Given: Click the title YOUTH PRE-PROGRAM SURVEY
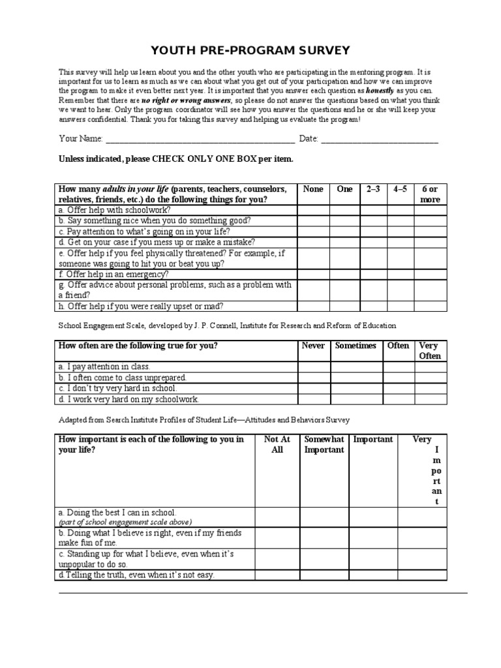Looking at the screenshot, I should [250, 50].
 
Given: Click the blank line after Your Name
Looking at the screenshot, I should [199, 139].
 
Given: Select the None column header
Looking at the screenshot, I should [313, 189].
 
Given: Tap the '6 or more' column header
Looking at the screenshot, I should [430, 194].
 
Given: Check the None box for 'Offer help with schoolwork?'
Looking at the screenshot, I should [313, 210].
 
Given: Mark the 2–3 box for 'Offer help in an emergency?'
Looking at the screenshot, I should [373, 275].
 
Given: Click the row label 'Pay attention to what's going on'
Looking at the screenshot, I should [144, 231].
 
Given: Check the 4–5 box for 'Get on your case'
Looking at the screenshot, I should [400, 242].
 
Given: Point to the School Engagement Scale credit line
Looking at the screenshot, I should [227, 325].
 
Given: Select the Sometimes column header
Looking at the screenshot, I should [356, 346].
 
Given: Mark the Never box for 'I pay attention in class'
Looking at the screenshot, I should [313, 367].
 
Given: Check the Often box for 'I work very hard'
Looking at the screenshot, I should [398, 399].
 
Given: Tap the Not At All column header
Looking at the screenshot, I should [277, 444].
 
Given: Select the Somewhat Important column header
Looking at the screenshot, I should [324, 444].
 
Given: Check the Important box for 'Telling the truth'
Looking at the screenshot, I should [372, 575].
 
